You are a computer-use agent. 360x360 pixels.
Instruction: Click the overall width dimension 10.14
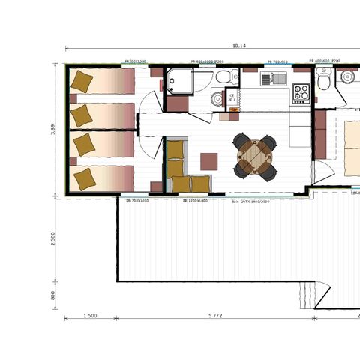click(x=239, y=46)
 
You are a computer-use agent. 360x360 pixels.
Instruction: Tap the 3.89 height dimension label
click(x=52, y=128)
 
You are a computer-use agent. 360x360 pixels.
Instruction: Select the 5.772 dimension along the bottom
click(x=214, y=316)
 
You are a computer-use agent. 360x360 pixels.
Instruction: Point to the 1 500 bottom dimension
click(x=89, y=316)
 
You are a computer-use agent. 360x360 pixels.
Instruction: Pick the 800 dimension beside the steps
click(x=52, y=295)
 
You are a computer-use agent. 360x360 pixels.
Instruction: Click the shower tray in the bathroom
click(x=179, y=80)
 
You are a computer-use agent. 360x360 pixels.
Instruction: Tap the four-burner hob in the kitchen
click(x=301, y=92)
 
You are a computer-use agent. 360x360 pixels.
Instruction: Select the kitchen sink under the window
click(x=274, y=78)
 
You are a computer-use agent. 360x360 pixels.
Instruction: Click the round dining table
click(x=254, y=156)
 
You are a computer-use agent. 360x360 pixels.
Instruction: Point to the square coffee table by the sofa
click(x=209, y=161)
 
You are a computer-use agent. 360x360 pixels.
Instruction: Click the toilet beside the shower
click(x=223, y=77)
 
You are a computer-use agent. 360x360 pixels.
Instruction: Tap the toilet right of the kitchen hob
click(x=323, y=81)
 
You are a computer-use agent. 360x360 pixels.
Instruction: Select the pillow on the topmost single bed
click(x=82, y=80)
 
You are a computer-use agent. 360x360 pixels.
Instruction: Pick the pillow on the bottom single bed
click(x=85, y=178)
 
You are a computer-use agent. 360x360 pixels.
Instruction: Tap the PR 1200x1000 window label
click(x=196, y=202)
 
